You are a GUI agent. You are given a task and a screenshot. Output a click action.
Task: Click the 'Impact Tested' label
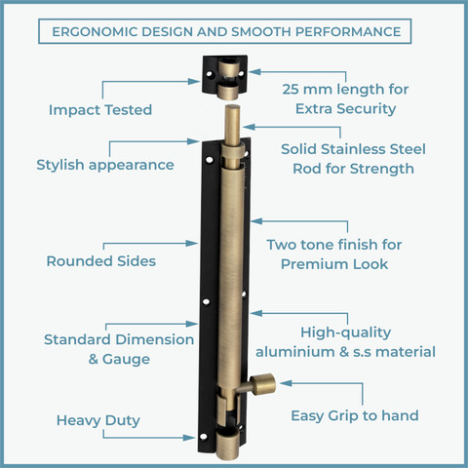pos(100,110)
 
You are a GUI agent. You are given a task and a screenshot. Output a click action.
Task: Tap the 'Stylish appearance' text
pos(105,165)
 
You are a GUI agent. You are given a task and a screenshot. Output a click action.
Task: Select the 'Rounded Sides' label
pos(101,261)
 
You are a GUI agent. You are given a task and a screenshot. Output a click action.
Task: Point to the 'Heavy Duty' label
pos(98,420)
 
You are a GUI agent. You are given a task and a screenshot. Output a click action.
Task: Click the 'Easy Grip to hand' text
pos(355,415)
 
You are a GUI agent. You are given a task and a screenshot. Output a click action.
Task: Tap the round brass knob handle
pos(262,384)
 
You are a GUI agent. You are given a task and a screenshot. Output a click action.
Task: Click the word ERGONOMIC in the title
pos(95,32)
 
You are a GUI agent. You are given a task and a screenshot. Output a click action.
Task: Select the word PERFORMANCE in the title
pos(348,32)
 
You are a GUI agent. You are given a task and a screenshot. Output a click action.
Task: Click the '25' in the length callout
pos(291,90)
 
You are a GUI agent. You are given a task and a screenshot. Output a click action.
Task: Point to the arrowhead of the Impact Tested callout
pos(194,81)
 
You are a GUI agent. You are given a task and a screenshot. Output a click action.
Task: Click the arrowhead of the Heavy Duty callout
pos(189,438)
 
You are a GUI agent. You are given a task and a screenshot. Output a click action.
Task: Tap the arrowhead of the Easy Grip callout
pos(286,383)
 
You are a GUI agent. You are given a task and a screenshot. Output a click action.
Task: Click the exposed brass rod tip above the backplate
pos(233,125)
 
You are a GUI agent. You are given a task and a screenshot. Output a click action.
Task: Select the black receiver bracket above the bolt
pos(225,74)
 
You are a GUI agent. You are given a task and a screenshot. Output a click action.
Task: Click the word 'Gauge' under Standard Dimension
pos(126,360)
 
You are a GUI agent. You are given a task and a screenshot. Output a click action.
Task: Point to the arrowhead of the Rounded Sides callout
pos(192,243)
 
